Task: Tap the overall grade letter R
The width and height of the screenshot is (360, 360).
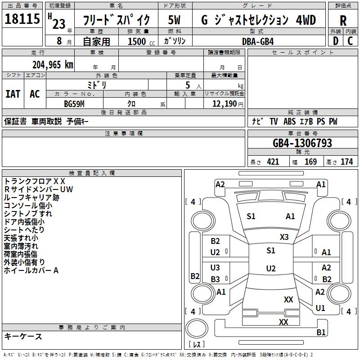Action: tap(343, 20)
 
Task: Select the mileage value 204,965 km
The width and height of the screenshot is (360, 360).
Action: tap(53, 64)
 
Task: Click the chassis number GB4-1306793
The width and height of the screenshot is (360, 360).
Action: tap(302, 143)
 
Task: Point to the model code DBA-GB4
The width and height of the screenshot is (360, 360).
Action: tap(257, 41)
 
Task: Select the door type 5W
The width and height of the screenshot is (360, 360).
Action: tap(175, 20)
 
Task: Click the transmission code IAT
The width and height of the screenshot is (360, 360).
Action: tap(13, 94)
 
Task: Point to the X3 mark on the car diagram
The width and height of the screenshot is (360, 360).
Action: tap(284, 237)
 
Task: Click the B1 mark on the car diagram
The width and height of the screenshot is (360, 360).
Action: tap(321, 333)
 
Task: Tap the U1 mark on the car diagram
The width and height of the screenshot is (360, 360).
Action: tap(320, 308)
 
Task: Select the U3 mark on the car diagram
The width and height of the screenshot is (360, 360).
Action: tap(215, 268)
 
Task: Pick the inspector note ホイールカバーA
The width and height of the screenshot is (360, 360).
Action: tap(31, 270)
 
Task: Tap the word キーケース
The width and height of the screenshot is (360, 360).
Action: tap(23, 336)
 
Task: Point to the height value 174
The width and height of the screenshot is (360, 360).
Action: tap(346, 162)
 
